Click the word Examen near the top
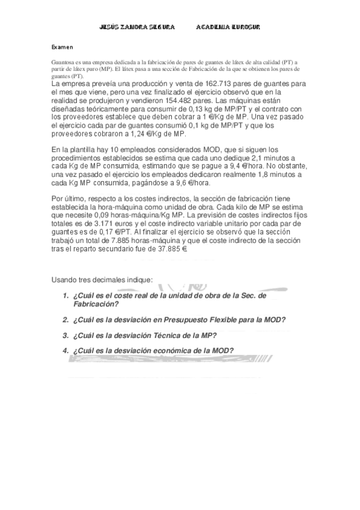62,46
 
